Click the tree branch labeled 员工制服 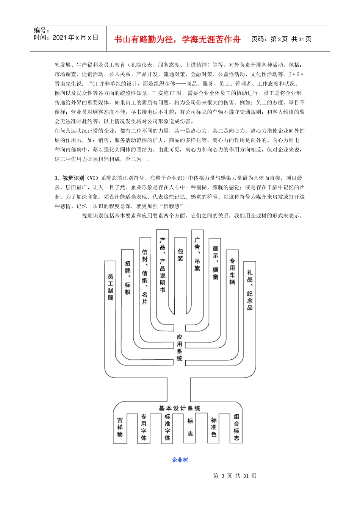(110, 287)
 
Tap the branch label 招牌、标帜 (128, 277)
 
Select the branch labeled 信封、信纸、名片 (145, 276)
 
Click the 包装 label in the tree (180, 255)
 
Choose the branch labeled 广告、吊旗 (197, 254)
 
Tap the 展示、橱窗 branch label (215, 262)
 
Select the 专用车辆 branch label (232, 271)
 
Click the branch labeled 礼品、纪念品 (250, 290)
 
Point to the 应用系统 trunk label (179, 347)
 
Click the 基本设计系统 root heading (179, 408)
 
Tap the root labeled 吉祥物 (120, 427)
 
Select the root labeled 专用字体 (144, 427)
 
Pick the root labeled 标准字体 (167, 427)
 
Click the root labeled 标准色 (214, 427)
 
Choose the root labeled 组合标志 (236, 427)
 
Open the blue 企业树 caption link (180, 460)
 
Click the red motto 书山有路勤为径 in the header (177, 39)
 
